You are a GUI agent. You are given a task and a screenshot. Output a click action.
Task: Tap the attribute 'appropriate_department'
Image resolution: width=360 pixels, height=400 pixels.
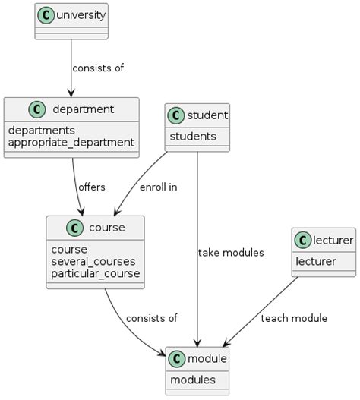71,142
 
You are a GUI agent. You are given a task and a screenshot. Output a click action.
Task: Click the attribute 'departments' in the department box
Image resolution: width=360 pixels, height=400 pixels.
41,130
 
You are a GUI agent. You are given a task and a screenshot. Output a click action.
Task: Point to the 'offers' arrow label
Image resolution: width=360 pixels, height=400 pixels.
91,187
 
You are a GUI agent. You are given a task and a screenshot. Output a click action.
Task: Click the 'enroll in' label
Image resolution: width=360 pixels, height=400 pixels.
158,187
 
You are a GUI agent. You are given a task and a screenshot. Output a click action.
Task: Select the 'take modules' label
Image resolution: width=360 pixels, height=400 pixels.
230,253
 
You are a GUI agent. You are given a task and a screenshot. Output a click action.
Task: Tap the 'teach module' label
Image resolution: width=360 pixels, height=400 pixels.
293,318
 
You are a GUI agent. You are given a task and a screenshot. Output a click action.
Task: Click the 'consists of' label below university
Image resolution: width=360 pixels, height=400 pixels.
97,68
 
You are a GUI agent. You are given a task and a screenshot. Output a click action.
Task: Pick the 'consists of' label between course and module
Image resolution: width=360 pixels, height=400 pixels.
151,318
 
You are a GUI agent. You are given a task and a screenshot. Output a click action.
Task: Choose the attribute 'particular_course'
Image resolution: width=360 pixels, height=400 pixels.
95,273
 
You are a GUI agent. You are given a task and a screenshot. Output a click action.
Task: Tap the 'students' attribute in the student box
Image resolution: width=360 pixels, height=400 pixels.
193,137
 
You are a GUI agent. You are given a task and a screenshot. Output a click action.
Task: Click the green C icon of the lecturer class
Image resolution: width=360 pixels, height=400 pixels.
304,241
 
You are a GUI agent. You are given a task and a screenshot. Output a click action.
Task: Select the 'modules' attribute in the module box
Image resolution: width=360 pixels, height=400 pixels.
193,379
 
